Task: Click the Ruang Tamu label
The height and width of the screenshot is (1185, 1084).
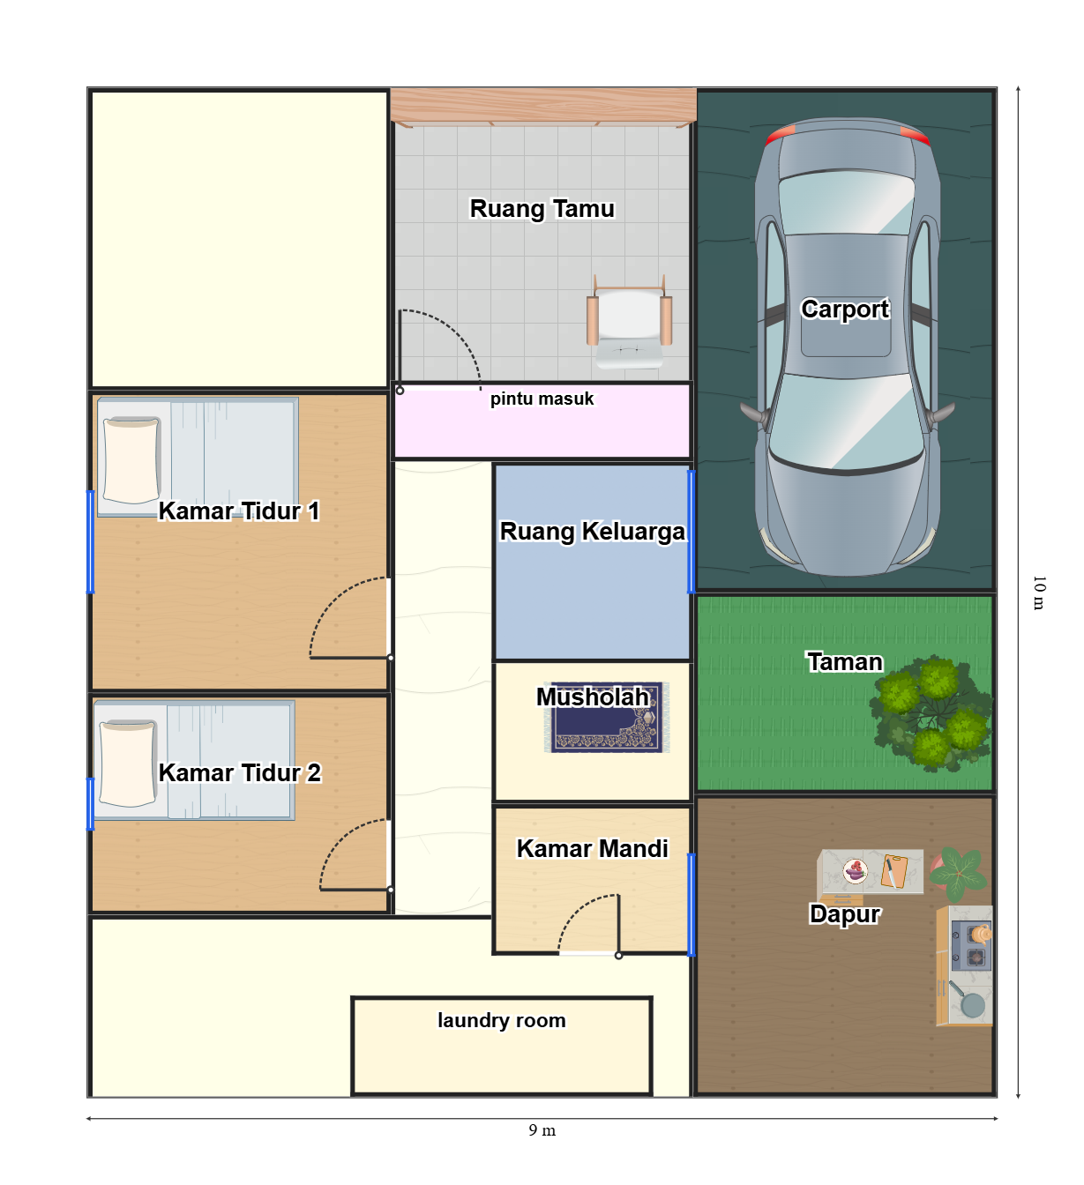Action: click(542, 209)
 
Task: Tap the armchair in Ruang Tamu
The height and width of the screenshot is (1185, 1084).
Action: click(629, 322)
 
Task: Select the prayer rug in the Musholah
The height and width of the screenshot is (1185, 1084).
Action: click(607, 717)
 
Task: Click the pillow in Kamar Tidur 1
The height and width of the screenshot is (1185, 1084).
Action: click(131, 460)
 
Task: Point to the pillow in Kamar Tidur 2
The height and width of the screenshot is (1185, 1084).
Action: click(128, 763)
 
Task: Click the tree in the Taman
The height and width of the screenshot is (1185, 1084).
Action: click(931, 712)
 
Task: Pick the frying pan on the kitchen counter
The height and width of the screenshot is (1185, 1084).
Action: click(967, 1000)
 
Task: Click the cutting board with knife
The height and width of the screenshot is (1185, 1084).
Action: click(893, 871)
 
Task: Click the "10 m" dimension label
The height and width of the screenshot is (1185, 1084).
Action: click(1039, 592)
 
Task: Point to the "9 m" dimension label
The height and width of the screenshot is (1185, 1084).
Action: click(542, 1130)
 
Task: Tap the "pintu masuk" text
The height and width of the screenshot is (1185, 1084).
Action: click(542, 399)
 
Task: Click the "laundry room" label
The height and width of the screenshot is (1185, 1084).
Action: click(501, 1020)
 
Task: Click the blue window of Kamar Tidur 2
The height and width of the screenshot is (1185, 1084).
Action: click(91, 804)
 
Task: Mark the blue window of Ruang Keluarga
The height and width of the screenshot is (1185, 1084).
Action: click(691, 532)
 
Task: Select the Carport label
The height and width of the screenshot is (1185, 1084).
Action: click(845, 309)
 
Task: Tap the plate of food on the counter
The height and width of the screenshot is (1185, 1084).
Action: click(855, 871)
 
